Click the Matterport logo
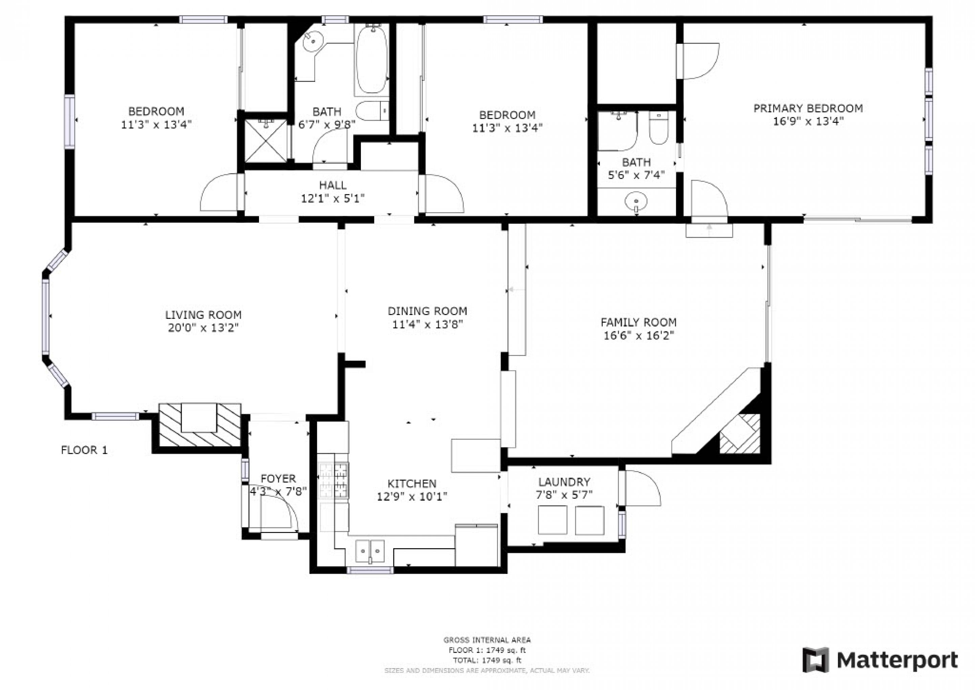880,660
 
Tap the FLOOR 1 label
84,450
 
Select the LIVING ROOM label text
203,315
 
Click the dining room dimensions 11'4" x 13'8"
427,324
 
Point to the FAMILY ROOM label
638,322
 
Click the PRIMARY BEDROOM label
808,108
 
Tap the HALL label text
333,185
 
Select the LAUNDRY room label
564,482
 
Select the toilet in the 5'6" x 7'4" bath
659,128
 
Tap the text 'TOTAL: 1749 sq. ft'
487,660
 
